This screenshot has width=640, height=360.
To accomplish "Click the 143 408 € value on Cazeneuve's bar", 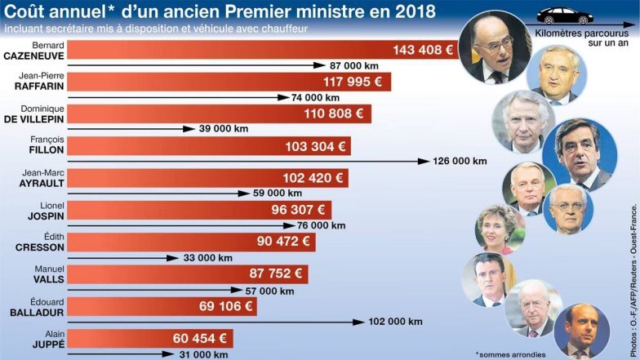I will click(x=423, y=51).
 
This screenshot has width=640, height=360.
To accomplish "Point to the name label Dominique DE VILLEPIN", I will click(x=34, y=114).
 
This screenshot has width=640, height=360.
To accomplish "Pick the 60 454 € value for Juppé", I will click(x=200, y=338).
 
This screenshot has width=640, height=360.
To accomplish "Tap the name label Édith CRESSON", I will click(x=35, y=243).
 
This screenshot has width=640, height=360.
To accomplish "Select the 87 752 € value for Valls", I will click(x=276, y=274).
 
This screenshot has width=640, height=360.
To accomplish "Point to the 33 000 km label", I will click(x=209, y=257).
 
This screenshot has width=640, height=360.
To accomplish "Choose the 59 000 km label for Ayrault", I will click(x=277, y=193).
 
